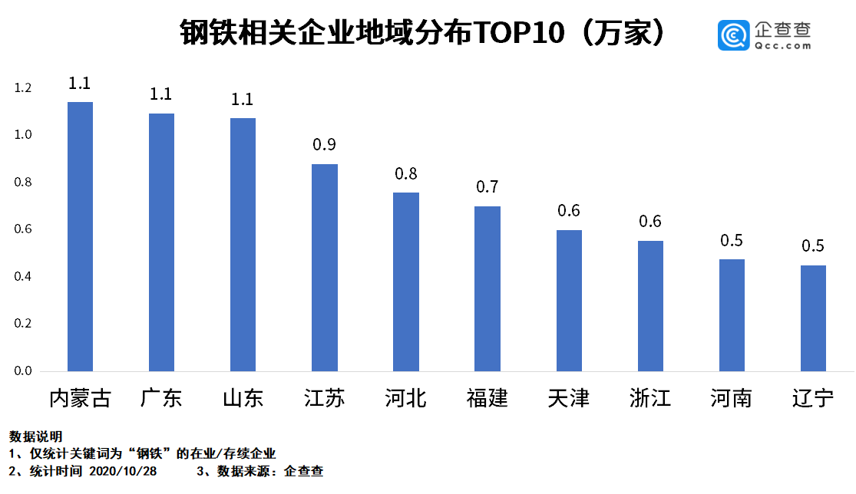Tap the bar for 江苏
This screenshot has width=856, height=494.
pos(324,268)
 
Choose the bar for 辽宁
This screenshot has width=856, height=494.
pos(813,318)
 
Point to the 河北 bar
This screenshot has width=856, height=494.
pos(405,282)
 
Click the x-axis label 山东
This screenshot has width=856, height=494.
pos(243,399)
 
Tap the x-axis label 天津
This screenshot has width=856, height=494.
pos(569,399)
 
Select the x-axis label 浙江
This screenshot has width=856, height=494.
pos(650,399)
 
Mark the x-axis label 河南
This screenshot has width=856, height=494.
pos(731,399)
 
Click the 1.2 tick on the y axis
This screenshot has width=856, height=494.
pos(23,88)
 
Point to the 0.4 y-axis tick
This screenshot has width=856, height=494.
pos(23,277)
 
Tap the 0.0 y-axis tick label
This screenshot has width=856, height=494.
pos(23,371)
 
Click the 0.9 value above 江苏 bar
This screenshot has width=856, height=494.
pos(324,145)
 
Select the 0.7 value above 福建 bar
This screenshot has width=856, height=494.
pos(487,187)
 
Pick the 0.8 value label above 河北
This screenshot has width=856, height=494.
pos(405,174)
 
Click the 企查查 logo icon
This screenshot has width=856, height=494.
pos(733,35)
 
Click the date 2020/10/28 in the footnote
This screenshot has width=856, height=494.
pos(123,471)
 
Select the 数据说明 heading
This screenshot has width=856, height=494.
pos(35,436)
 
